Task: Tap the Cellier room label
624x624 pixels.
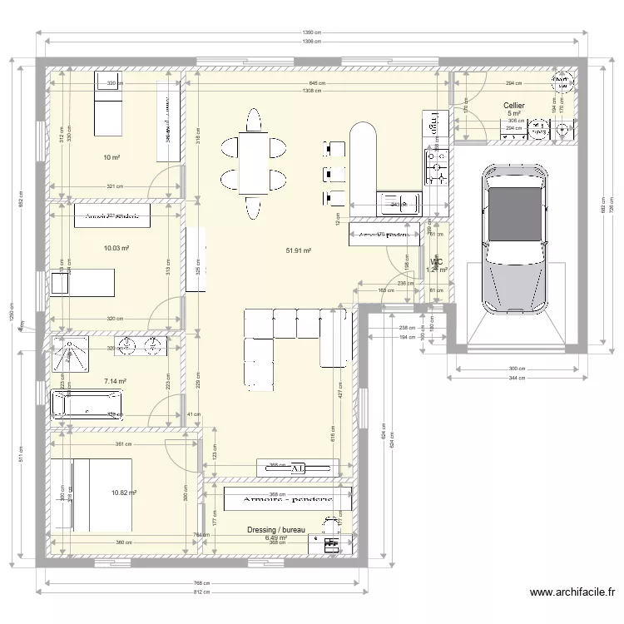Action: (513, 106)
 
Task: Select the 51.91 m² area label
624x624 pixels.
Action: (298, 250)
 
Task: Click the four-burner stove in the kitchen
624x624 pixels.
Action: (436, 166)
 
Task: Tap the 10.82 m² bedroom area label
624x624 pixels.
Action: (123, 493)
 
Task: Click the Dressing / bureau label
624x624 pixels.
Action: (276, 529)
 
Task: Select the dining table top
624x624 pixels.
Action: (253, 162)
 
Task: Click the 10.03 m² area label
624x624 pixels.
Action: (116, 247)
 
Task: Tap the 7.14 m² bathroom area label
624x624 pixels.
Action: (114, 381)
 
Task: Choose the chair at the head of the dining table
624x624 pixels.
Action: (253, 120)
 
